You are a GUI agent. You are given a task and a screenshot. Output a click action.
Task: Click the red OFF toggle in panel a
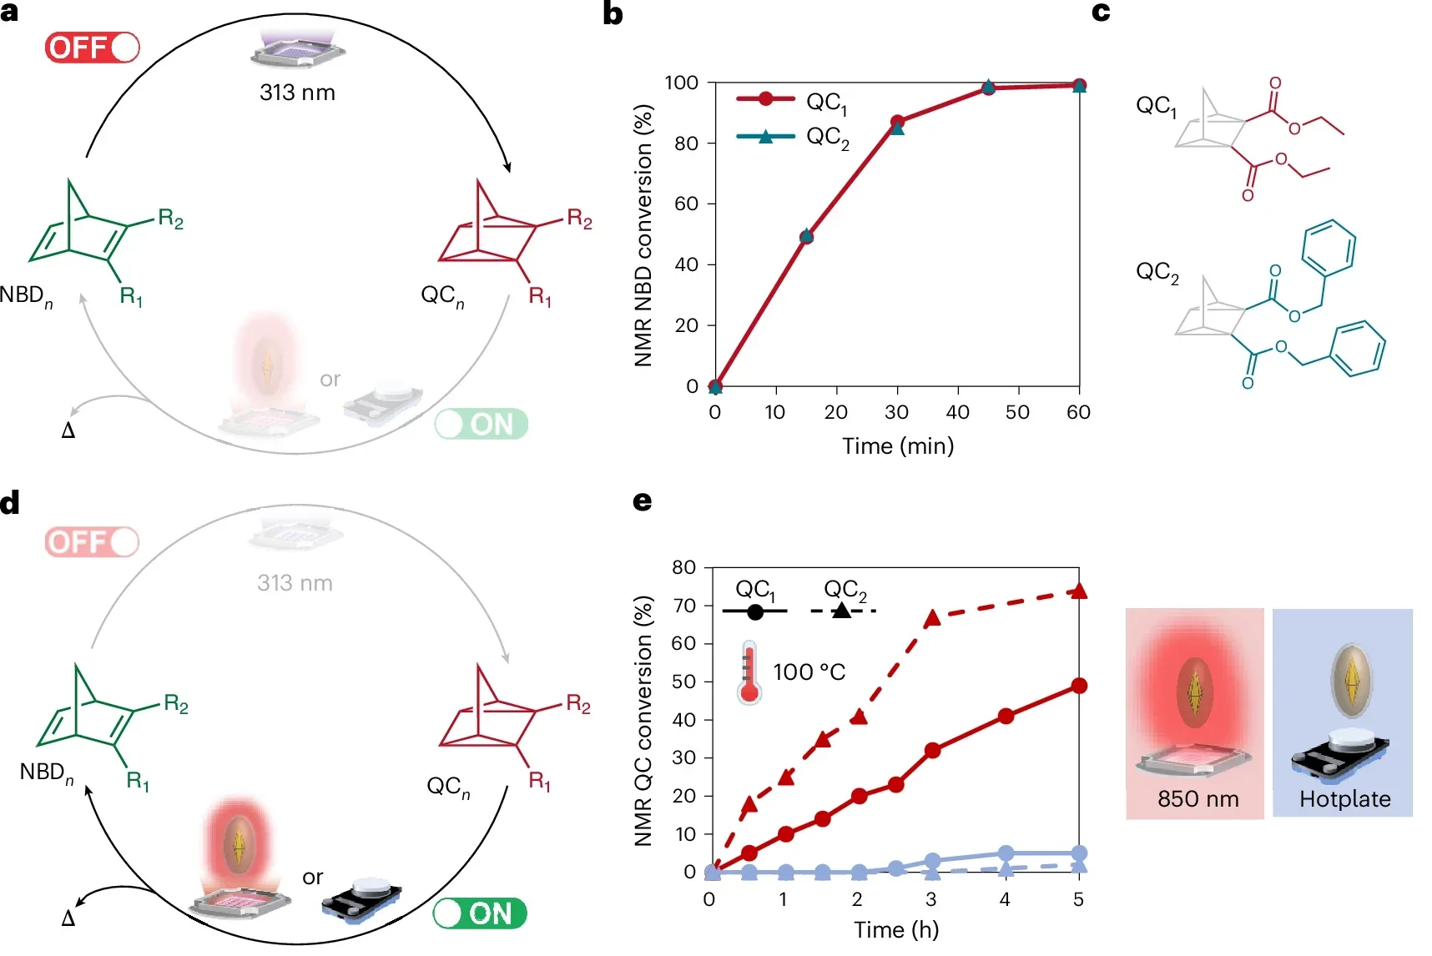tap(92, 48)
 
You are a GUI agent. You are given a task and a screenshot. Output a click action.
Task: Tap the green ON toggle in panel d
tap(480, 913)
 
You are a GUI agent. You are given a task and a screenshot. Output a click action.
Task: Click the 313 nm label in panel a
tap(297, 93)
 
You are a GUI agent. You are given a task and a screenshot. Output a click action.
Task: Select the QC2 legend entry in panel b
tap(793, 137)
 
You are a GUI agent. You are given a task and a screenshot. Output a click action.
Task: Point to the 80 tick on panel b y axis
tap(686, 143)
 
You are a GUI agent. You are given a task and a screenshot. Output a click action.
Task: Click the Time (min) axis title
tap(898, 445)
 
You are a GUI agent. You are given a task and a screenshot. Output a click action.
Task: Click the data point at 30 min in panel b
tap(897, 123)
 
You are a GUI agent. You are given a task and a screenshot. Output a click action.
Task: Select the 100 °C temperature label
tap(809, 672)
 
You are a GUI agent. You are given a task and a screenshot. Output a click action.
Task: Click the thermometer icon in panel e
tap(749, 672)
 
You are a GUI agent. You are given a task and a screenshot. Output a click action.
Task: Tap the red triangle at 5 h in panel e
tap(1079, 591)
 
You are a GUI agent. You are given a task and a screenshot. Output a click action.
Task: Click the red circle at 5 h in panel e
tap(1079, 686)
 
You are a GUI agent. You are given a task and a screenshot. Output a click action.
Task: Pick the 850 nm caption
tap(1198, 799)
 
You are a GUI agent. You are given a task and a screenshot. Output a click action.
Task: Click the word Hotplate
tap(1344, 799)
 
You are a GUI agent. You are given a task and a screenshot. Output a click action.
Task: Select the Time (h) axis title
tap(896, 929)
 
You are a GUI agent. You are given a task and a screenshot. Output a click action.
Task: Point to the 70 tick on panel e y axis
tap(684, 606)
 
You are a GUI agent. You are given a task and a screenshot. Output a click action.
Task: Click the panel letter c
tap(1101, 13)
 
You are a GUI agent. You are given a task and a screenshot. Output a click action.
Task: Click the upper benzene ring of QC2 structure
tap(1329, 248)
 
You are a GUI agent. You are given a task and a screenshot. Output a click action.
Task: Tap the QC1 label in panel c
tap(1157, 107)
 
